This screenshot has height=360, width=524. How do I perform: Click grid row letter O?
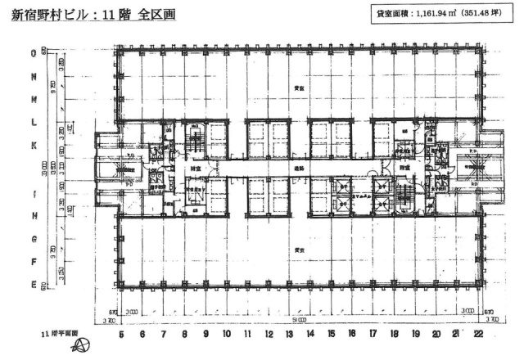point(34,52)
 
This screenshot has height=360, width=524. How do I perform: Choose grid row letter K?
point(34,146)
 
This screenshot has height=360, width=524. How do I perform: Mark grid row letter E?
point(34,285)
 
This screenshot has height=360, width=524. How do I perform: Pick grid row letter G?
point(34,239)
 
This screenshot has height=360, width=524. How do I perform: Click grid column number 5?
point(120,334)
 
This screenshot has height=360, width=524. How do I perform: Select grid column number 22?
point(477,334)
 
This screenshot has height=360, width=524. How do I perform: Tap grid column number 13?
point(288,334)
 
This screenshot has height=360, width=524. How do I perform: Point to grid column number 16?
point(351,334)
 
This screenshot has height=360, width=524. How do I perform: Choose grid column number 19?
point(414,334)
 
